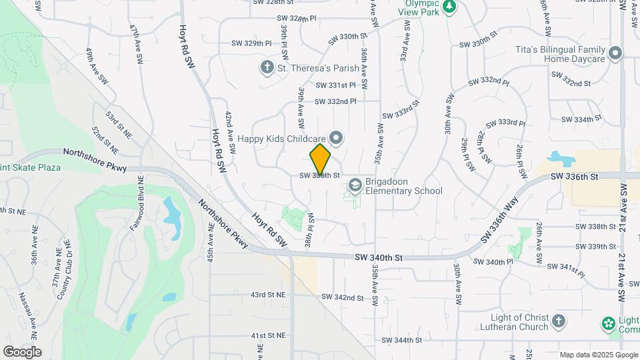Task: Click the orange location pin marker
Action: click(321, 159)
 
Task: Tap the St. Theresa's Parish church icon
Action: click(267, 67)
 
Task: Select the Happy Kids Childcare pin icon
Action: click(337, 139)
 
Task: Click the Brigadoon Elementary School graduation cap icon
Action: click(355, 183)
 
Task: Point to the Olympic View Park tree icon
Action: click(450, 6)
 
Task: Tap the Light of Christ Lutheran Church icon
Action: click(559, 322)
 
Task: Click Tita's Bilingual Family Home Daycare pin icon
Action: click(615, 53)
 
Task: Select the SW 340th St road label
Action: click(379, 257)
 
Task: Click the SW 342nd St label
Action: click(342, 297)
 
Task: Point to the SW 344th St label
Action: click(403, 340)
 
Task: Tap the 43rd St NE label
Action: click(267, 294)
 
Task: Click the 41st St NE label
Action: click(267, 335)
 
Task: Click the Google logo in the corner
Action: click(22, 352)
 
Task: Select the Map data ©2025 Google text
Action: click(597, 355)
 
